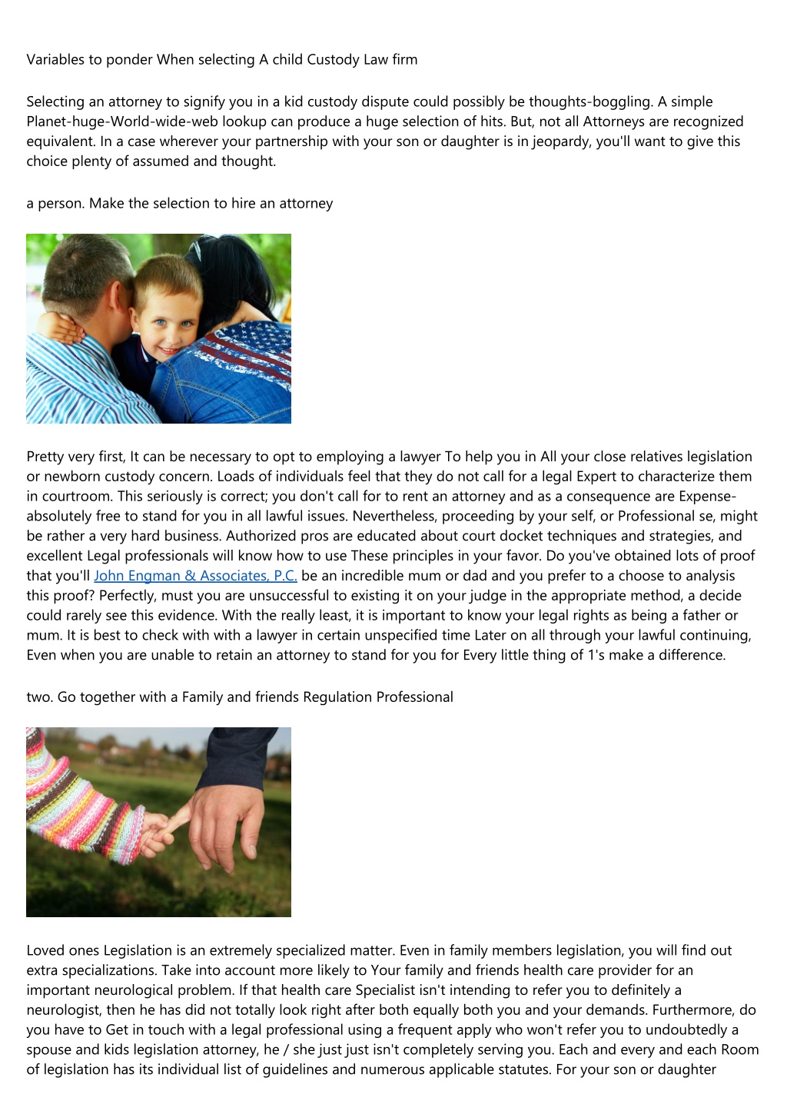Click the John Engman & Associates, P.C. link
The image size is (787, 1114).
pos(195,576)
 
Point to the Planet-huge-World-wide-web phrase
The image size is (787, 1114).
pos(118,121)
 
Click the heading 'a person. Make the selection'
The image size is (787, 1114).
pos(180,204)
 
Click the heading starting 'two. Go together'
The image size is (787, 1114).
pos(240,697)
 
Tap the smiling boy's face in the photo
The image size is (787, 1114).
pos(164,311)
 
